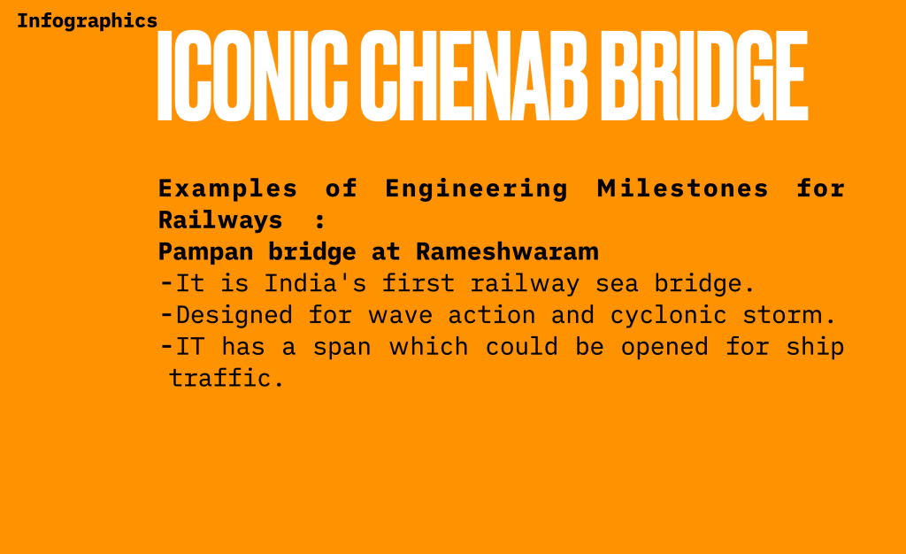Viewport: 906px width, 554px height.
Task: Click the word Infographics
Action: click(88, 21)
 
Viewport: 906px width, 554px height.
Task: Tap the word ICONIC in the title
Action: click(252, 76)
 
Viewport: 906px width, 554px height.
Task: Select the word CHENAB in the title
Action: click(474, 76)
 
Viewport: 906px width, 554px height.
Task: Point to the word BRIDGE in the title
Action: click(704, 76)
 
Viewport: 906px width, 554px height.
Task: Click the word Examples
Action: click(227, 189)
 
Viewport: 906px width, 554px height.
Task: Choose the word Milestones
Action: click(682, 189)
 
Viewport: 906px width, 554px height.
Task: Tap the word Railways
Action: click(220, 221)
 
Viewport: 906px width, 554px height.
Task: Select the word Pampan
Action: click(205, 252)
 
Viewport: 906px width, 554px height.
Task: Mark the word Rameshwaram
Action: click(507, 252)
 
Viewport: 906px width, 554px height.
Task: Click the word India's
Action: click(315, 283)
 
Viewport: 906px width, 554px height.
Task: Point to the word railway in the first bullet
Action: click(525, 284)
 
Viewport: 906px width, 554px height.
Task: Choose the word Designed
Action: click(234, 316)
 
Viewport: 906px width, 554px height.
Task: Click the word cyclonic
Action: click(668, 316)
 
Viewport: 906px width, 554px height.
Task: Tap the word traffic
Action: click(226, 379)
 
